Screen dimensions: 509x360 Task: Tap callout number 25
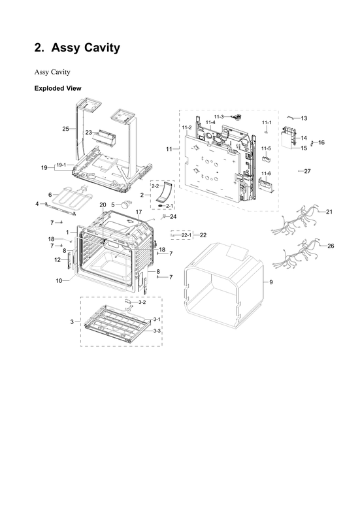coord(65,129)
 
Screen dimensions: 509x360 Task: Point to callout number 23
coord(88,132)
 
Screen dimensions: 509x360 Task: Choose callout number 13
coord(304,118)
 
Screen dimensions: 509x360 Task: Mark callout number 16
coord(321,142)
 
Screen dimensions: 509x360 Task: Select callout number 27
coord(308,171)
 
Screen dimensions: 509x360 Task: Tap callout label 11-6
coord(265,173)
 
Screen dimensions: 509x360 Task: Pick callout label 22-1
coord(186,235)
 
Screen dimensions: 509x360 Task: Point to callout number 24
coord(173,216)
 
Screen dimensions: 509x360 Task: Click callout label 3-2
coord(141,302)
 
